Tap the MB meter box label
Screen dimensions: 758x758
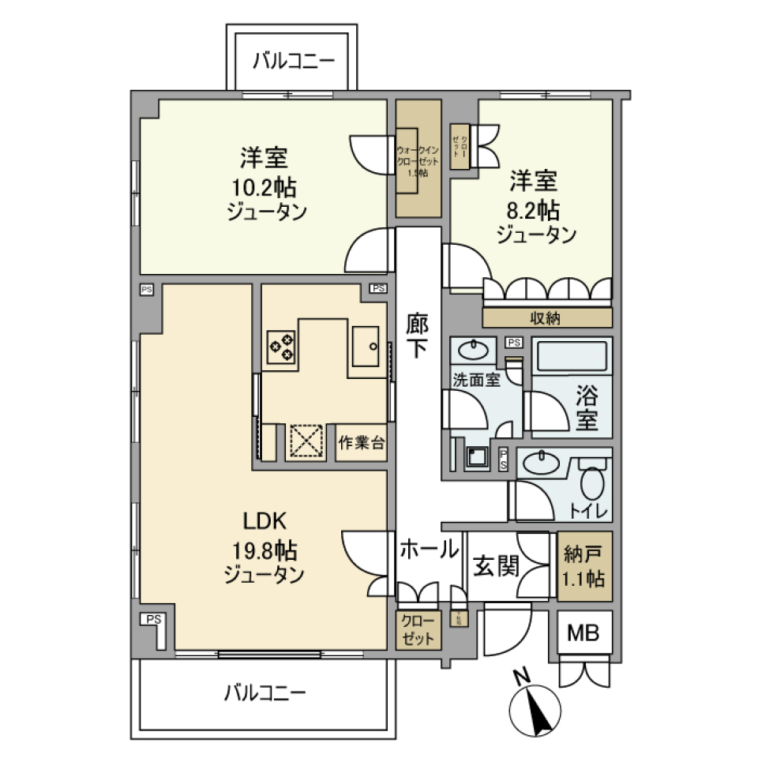(x=584, y=632)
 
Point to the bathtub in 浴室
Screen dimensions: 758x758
(x=572, y=356)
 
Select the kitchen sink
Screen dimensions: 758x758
(x=368, y=347)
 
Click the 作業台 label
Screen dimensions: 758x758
(x=362, y=443)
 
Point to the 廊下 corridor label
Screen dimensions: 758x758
(x=418, y=336)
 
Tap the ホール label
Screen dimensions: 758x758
(x=428, y=548)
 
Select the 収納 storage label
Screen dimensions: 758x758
(x=546, y=318)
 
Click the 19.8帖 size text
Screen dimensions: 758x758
(x=264, y=550)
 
